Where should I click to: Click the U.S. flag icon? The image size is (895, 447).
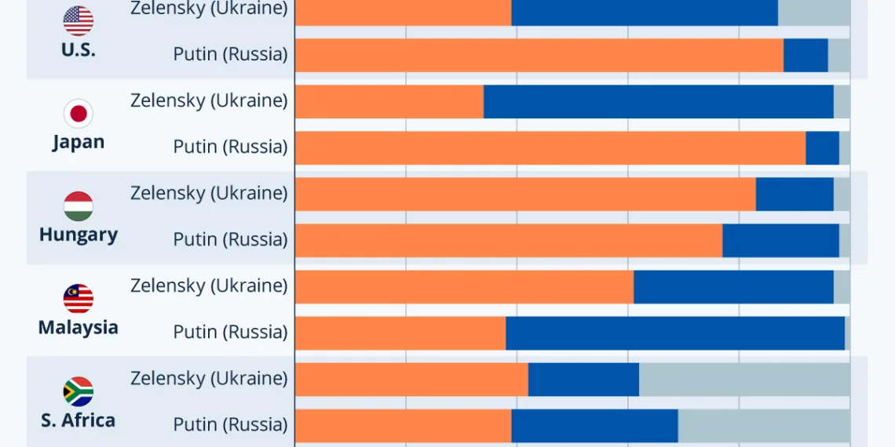[x=79, y=21]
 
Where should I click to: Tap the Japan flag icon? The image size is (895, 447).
[x=79, y=114]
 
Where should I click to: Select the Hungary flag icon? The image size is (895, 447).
[x=79, y=206]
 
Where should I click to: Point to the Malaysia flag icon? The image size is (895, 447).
[x=79, y=299]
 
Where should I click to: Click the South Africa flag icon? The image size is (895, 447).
[x=79, y=391]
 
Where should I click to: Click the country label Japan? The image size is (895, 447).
[x=79, y=142]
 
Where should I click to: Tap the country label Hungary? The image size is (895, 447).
[x=79, y=234]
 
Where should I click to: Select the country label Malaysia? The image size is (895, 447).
[x=79, y=327]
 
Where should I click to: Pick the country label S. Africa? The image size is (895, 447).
[x=79, y=420]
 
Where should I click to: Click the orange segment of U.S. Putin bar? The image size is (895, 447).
[x=539, y=55]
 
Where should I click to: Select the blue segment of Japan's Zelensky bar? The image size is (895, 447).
[x=658, y=102]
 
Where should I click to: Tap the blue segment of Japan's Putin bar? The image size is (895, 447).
[x=822, y=147]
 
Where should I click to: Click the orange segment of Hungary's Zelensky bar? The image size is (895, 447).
[x=525, y=194]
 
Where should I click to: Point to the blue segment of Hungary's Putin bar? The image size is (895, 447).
[x=780, y=240]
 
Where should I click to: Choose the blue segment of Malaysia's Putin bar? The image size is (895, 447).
[x=675, y=333]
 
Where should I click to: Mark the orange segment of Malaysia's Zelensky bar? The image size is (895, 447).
[x=464, y=286]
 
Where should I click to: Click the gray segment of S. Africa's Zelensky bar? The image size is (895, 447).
[x=744, y=379]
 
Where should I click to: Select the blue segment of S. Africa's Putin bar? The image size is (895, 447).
[x=594, y=425]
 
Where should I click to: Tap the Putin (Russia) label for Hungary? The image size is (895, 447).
[x=230, y=239]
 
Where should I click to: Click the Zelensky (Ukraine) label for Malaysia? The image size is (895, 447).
[x=209, y=285]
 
